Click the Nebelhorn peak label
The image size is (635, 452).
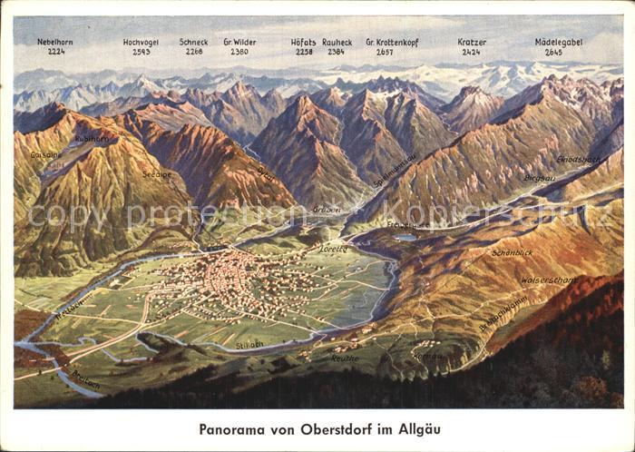(x=55, y=42)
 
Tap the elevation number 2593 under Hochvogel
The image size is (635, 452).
(x=142, y=53)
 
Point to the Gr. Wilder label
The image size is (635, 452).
(x=239, y=42)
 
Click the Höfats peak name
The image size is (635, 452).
(x=303, y=42)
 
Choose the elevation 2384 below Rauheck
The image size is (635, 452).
(x=336, y=53)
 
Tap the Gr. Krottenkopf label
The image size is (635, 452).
(x=391, y=42)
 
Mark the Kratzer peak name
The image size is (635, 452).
(x=472, y=42)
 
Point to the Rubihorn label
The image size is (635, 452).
(x=92, y=139)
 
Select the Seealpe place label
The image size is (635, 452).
(x=156, y=173)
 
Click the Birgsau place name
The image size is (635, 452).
(x=539, y=178)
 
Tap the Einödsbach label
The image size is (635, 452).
(x=578, y=159)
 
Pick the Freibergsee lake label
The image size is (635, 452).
(x=408, y=223)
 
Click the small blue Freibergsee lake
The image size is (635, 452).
(x=405, y=237)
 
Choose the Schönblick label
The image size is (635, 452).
(x=512, y=252)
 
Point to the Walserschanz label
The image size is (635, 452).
(x=548, y=280)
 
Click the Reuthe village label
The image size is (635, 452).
(x=345, y=358)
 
